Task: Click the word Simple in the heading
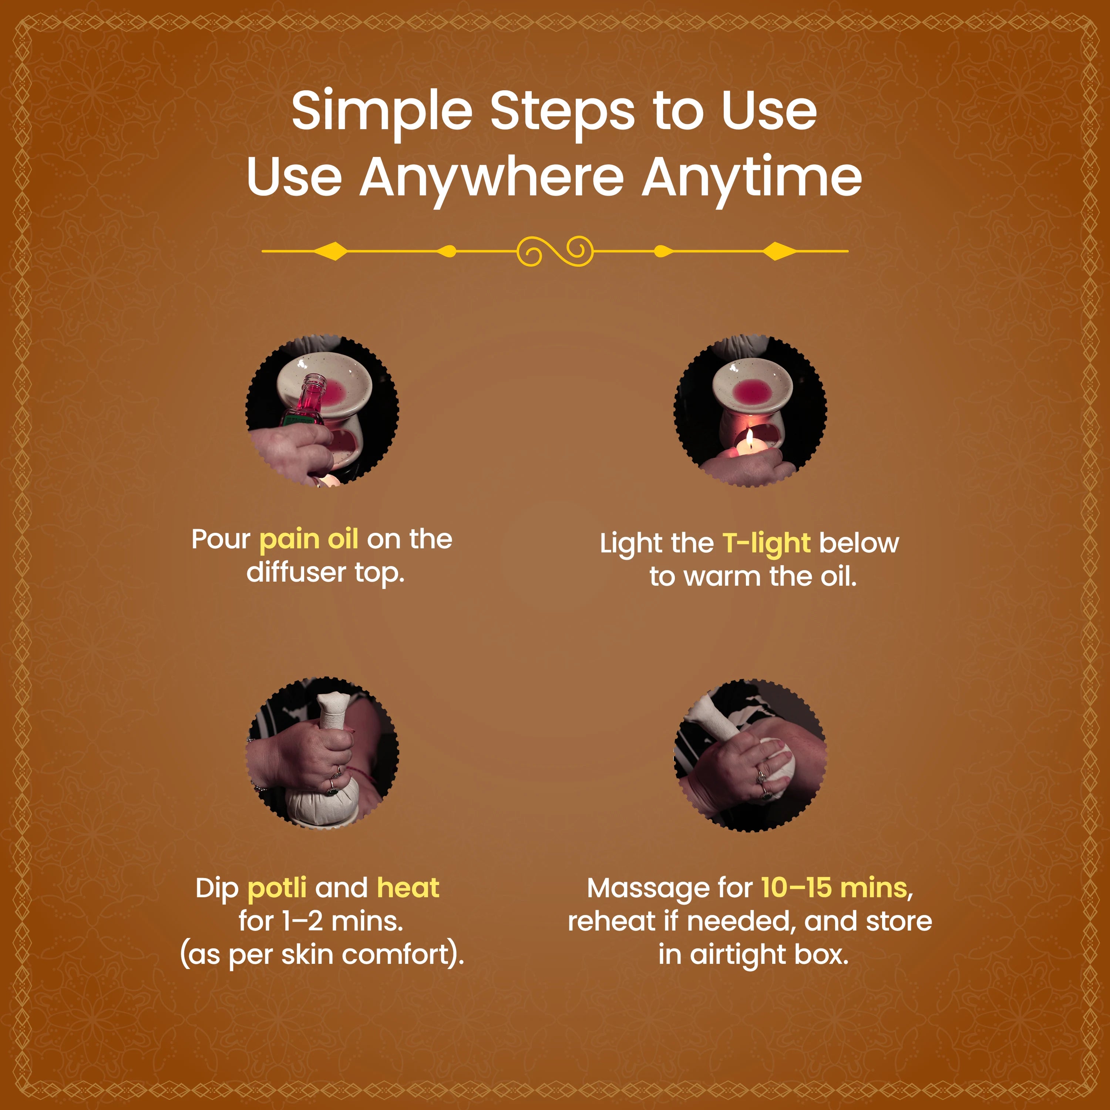point(381,111)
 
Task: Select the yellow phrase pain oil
point(309,539)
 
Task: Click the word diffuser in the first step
point(296,573)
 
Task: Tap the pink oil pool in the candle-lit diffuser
point(753,391)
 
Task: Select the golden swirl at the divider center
point(554,251)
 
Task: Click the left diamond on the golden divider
point(332,251)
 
